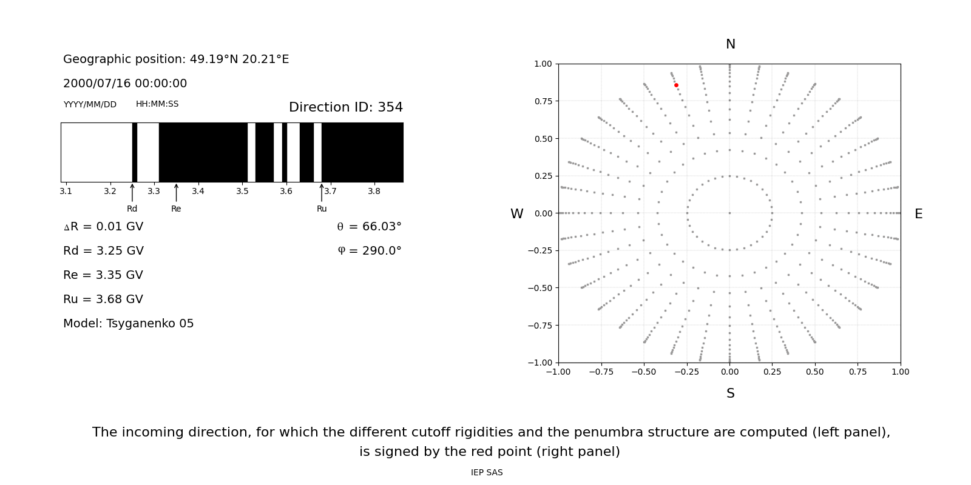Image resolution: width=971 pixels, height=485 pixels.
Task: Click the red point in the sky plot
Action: (676, 85)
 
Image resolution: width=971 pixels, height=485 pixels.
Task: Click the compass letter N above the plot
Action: (730, 44)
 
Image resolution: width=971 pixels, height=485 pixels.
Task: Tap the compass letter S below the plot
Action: (730, 393)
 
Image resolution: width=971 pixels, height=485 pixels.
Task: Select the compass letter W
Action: (516, 214)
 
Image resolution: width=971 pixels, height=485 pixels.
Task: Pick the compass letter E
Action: (918, 214)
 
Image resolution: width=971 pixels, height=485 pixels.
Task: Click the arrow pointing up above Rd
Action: (132, 192)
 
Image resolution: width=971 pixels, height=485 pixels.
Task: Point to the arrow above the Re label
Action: (176, 192)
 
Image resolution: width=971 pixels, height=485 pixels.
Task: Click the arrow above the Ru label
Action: (322, 192)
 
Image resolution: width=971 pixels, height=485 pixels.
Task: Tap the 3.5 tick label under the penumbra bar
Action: (242, 192)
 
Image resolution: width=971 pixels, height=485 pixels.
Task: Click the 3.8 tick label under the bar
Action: (374, 192)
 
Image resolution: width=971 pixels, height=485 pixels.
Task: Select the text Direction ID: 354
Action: (346, 107)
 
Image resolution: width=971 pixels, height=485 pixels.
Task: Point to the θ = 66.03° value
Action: (369, 227)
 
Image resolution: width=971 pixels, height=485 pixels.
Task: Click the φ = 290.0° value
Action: (369, 251)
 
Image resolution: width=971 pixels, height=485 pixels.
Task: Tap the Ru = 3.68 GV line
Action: (103, 299)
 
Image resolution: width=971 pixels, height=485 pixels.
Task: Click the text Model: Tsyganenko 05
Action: (129, 324)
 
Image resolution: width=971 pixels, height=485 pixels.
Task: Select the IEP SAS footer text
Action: (487, 473)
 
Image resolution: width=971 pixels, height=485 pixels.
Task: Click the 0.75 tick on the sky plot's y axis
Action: (543, 101)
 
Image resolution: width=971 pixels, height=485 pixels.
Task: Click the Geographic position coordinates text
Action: (176, 59)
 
